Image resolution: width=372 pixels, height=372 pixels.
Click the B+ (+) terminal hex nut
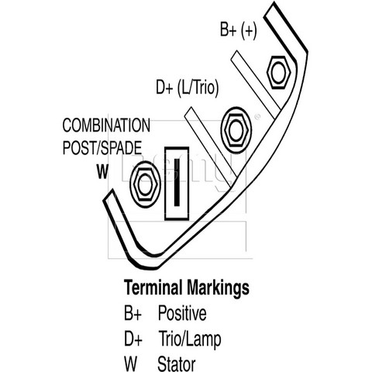coord(278,72)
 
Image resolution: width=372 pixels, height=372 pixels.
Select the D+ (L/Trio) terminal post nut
coord(236,130)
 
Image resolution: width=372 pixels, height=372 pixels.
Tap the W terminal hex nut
coord(146,184)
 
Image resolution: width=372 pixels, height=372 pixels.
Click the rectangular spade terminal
coord(177,184)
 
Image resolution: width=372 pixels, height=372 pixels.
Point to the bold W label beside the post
coord(102,171)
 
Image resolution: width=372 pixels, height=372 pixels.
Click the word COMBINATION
coord(106,126)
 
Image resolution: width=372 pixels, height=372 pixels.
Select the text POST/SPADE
coord(102,148)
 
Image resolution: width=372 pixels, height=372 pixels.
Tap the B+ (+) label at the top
coord(239,29)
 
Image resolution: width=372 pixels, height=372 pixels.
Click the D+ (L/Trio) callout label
coord(188,88)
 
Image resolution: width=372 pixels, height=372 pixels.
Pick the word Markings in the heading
coord(218,288)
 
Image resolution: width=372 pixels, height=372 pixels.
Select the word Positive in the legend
coord(182,313)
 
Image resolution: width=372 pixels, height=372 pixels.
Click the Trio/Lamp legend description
coord(190,339)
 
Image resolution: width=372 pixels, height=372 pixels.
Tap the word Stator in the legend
coord(177,363)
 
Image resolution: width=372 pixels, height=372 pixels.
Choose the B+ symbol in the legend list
coord(133,313)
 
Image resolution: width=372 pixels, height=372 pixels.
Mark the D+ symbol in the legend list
coord(133,339)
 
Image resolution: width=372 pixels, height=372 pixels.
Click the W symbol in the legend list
coord(130,364)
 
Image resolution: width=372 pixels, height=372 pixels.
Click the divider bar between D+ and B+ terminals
coord(256,84)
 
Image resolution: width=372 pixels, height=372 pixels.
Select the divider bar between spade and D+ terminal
coord(211,147)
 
